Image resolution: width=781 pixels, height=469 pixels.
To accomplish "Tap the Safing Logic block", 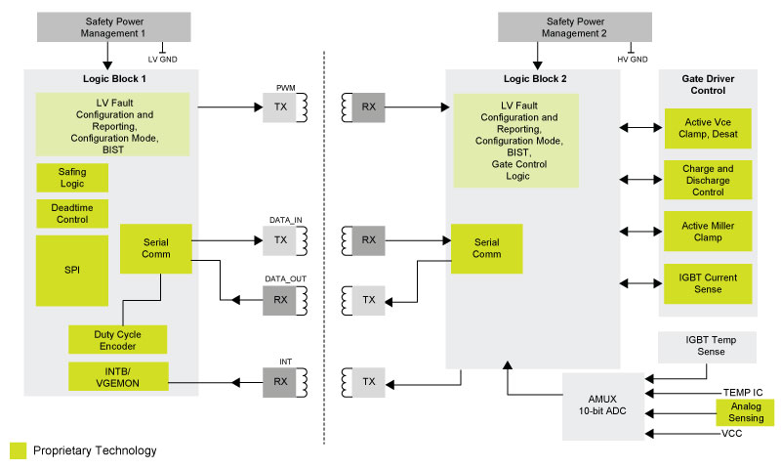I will [x=72, y=177].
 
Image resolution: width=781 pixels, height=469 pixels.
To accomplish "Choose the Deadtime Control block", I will [x=72, y=213].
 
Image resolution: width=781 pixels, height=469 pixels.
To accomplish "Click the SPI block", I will [x=72, y=270].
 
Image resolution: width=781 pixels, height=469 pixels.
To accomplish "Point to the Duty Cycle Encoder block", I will [x=117, y=340].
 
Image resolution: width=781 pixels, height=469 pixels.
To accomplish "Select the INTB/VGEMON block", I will [x=117, y=376].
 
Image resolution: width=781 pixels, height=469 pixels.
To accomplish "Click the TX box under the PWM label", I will [x=280, y=107].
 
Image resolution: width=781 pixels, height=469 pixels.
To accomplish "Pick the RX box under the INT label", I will [x=280, y=381].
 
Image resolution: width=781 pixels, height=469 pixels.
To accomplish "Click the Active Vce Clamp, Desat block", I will [x=708, y=128].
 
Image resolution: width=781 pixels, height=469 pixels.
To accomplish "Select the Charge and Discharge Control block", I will [x=708, y=181].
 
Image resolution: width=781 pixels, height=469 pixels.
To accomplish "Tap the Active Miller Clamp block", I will [x=708, y=233].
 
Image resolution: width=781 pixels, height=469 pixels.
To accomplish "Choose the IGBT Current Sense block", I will [x=708, y=283].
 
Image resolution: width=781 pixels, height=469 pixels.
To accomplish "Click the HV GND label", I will [x=632, y=60].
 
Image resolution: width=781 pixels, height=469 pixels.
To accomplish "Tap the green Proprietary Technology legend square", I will [x=18, y=450].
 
